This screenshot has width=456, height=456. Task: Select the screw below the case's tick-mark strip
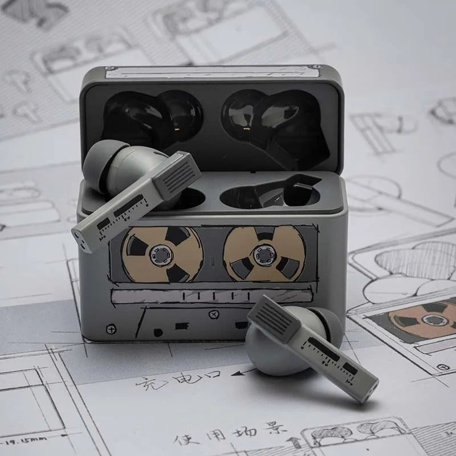[x=213, y=313]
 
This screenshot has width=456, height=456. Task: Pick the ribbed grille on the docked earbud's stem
[x=180, y=173]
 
